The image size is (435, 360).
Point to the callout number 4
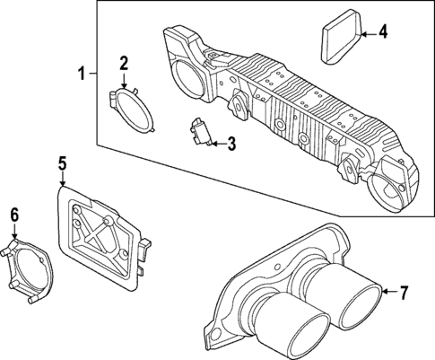[383, 33]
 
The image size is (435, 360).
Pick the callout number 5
[63, 162]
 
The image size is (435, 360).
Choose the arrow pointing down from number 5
[63, 179]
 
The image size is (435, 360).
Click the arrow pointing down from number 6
[13, 232]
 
